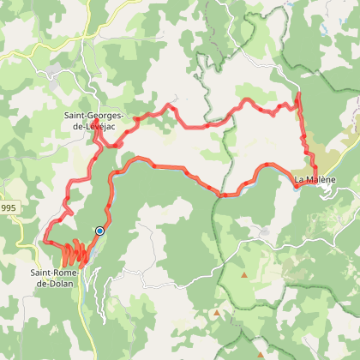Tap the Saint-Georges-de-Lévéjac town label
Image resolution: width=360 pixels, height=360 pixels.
(95, 121)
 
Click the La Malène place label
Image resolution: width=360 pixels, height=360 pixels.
(314, 179)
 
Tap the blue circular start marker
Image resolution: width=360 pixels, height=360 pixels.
(100, 231)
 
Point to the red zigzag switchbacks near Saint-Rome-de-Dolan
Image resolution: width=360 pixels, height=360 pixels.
(73, 253)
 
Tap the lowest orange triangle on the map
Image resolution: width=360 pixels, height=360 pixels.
(259, 352)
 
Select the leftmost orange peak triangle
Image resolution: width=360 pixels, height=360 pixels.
(216, 313)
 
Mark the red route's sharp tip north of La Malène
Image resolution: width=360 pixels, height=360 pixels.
(298, 93)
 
